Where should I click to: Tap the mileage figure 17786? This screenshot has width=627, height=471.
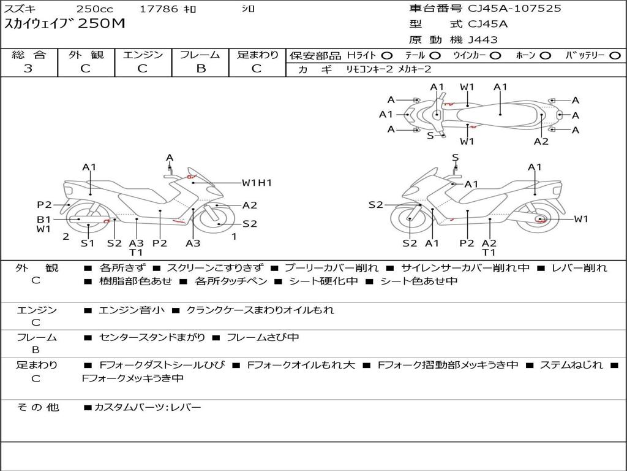pos(159,9)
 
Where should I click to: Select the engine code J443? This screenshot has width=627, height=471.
pos(482,40)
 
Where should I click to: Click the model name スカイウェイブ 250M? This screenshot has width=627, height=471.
pos(64,24)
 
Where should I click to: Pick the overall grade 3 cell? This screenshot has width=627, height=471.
pos(28,69)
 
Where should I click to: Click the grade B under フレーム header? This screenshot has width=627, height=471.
pos(201,69)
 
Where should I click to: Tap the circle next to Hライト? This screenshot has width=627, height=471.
pos(387,56)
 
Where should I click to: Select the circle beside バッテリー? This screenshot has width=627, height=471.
pos(615,56)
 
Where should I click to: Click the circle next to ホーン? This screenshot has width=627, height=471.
pos(546,56)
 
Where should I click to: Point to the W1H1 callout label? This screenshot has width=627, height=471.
pos(257,183)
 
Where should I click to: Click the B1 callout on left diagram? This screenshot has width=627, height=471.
pos(43,220)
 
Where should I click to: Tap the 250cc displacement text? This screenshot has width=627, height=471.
pos(95,9)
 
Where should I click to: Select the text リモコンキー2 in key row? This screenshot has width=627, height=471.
pos(369,69)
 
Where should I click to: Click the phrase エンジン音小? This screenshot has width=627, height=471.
pos(132,310)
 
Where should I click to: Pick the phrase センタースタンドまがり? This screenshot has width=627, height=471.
pos(152,338)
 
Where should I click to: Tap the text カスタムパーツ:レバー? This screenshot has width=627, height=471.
pos(148,407)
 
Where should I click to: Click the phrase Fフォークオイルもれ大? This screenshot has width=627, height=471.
pos(301,365)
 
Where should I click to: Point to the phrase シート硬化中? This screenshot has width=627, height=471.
pos(323,281)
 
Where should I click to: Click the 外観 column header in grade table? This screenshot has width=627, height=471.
pos(86,55)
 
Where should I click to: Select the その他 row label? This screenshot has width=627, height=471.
pos(38,407)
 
